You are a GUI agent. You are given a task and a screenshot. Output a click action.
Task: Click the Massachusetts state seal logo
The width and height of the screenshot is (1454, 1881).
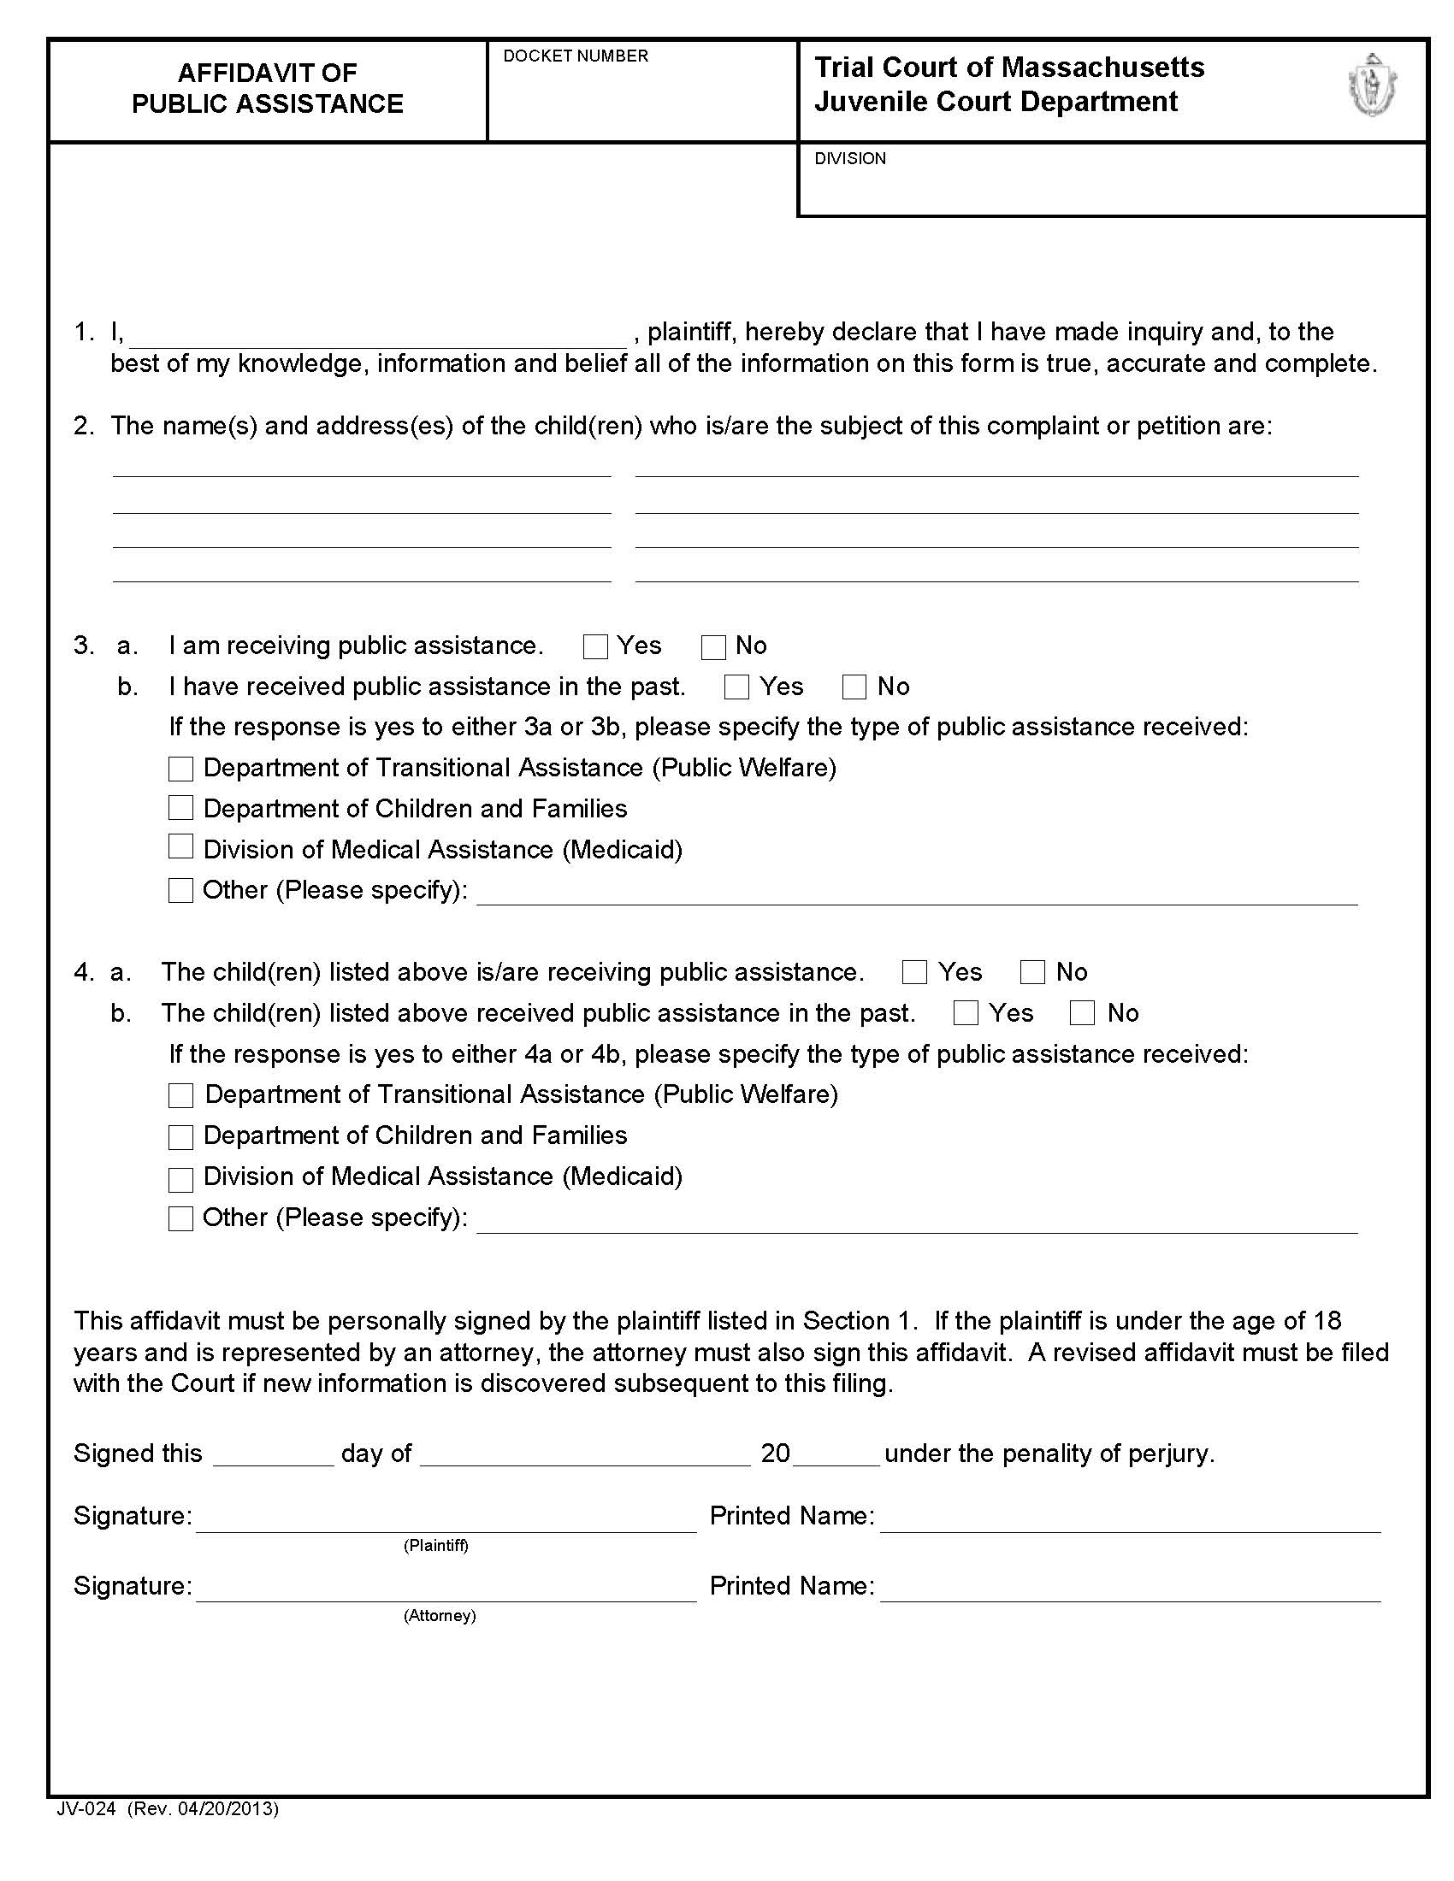pos(1371,86)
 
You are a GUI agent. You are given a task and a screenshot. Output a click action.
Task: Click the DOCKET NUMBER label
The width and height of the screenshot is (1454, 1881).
pos(576,56)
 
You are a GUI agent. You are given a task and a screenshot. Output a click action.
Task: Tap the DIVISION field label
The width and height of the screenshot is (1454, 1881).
pos(849,158)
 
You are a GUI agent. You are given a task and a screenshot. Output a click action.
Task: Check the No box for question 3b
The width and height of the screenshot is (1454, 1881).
pos(854,687)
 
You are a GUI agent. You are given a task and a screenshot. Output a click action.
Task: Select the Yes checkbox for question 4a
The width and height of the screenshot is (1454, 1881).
pos(914,972)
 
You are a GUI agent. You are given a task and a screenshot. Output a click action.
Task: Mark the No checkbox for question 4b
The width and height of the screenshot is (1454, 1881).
pos(1082,1013)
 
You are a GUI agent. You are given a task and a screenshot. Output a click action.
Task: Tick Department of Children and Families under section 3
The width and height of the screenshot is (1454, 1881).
pos(180,808)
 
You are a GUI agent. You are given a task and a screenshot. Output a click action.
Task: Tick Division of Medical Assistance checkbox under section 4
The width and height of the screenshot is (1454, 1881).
pos(180,1179)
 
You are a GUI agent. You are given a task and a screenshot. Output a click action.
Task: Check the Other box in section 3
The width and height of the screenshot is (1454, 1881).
pos(180,890)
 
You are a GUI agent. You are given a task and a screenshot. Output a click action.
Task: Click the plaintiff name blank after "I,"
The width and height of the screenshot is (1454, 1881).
pos(377,334)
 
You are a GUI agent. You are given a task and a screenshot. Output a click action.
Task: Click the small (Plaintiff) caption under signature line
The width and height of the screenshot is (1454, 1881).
pos(436,1546)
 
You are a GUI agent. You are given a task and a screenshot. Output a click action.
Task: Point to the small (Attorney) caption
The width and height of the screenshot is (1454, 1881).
pos(440,1616)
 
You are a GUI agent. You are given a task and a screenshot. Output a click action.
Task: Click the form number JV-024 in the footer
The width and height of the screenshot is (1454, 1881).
pos(86,1808)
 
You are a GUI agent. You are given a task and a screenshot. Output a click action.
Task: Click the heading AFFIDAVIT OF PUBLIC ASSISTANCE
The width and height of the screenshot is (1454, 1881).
pos(267,88)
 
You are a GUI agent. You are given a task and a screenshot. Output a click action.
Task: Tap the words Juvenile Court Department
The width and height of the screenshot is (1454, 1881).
pos(996,102)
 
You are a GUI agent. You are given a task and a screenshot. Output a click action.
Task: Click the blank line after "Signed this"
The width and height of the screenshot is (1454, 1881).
pos(273,1454)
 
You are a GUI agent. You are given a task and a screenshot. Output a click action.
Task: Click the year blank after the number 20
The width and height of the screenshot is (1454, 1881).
pos(836,1454)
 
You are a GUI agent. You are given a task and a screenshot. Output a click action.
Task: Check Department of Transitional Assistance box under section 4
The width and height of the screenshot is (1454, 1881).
pos(180,1095)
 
